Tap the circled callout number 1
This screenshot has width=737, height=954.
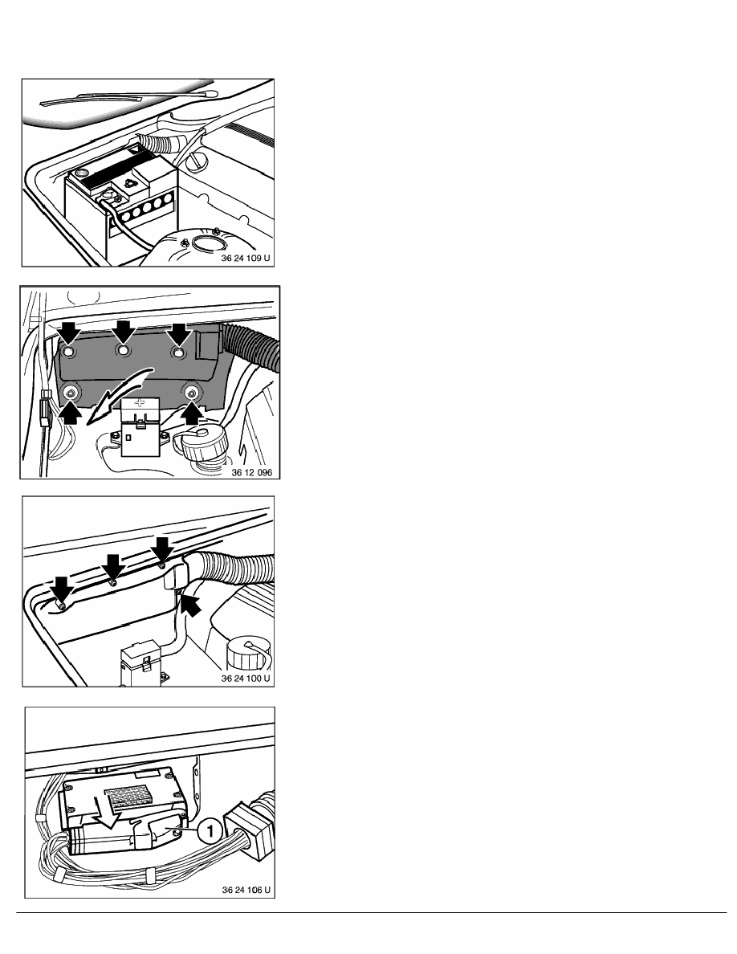[206, 832]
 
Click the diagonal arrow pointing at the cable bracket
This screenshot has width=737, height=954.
[190, 604]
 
